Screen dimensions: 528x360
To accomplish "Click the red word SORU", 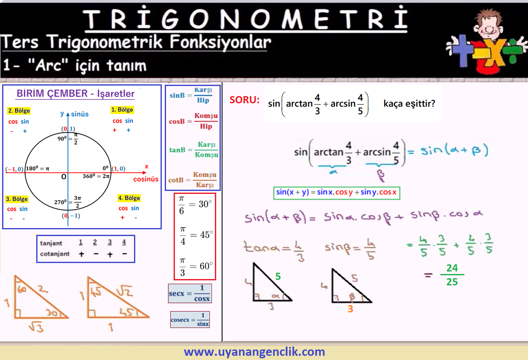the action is pos(244,100).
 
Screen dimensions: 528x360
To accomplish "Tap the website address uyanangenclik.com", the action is pos(255,352).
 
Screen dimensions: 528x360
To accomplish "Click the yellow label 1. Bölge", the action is pos(122,110).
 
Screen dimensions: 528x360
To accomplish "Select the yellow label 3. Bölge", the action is pos(17,199).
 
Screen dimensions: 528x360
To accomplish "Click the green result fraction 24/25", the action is pos(452,275).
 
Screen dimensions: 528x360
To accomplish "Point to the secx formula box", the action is pos(190,293).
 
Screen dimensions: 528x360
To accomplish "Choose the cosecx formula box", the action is pos(190,320).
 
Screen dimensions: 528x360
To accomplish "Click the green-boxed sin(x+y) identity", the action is pos(337,193).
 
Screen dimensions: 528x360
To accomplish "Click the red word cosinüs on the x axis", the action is pos(146,179).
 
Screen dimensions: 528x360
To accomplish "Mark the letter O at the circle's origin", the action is pos(64,177).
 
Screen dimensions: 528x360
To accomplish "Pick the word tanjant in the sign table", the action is pos(51,243).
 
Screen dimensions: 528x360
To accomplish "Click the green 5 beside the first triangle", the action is pos(278,276).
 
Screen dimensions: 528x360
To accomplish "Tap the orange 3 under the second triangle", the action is pos(351,309).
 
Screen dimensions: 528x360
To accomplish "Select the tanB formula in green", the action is pos(193,150).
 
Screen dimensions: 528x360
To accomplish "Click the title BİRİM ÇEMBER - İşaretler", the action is pos(75,94).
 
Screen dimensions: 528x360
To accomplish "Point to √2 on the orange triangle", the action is pos(125,291).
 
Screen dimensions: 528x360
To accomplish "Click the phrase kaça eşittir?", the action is pos(410,104).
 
